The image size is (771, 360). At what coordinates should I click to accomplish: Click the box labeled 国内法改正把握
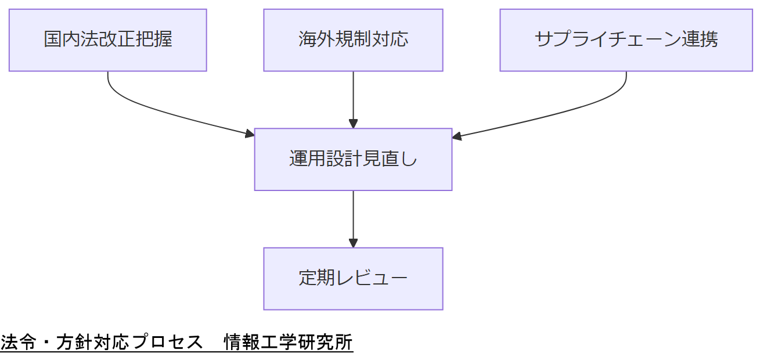click(108, 40)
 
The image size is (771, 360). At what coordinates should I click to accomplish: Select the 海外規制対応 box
click(353, 40)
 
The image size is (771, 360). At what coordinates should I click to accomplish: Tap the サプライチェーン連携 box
click(626, 40)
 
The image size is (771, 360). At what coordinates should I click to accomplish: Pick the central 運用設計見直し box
click(353, 159)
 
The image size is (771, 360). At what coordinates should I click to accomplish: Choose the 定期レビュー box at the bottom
click(353, 279)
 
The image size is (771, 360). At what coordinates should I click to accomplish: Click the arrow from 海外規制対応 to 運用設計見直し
click(353, 96)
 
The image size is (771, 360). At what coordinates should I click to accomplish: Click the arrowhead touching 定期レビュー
click(353, 243)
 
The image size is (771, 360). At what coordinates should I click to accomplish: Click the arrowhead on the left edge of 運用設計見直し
click(250, 134)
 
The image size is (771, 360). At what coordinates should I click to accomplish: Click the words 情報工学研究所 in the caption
click(289, 343)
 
